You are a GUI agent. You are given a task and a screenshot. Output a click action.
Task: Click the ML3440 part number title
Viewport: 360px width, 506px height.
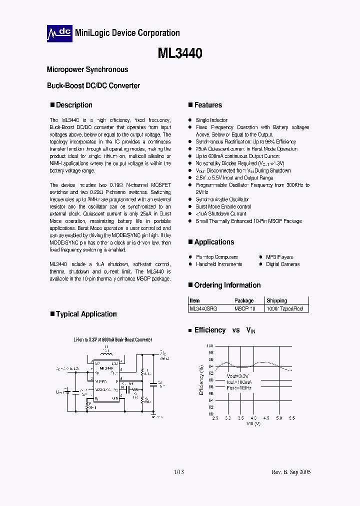(179, 53)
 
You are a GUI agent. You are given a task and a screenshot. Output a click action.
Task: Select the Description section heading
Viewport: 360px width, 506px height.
(74, 105)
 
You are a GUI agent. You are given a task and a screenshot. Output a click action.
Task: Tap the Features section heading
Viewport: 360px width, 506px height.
(208, 105)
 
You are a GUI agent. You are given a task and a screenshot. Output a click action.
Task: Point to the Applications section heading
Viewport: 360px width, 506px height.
(214, 242)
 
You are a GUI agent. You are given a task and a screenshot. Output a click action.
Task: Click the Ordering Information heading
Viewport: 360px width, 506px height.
(227, 285)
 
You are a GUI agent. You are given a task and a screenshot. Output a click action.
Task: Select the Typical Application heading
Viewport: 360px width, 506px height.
(86, 314)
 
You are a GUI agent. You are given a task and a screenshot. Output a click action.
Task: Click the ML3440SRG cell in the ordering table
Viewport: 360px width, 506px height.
(203, 308)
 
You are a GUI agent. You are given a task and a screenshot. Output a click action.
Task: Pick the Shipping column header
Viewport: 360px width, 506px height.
(276, 300)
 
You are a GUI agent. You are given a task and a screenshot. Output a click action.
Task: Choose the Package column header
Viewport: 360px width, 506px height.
(244, 300)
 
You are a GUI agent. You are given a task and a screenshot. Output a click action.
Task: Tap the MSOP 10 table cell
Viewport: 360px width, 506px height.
(244, 308)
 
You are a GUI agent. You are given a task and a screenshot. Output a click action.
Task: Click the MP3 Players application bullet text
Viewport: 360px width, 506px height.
(279, 257)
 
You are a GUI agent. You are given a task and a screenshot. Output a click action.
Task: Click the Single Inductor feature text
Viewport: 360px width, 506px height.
(211, 120)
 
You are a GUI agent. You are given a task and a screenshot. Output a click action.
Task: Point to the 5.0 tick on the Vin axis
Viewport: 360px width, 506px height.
(279, 418)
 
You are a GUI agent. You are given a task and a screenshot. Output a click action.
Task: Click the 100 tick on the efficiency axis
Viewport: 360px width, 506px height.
(210, 346)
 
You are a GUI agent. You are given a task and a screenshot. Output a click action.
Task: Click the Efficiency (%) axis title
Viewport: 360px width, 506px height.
(202, 380)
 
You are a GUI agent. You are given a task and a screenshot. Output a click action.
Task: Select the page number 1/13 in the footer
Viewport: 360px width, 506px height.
(179, 472)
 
